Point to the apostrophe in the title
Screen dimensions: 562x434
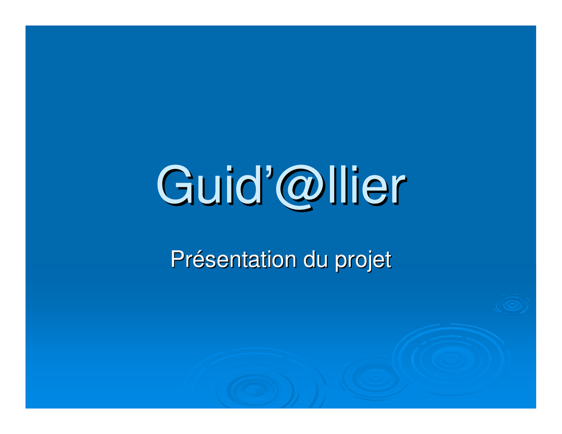point(269,171)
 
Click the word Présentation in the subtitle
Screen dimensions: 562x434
point(233,259)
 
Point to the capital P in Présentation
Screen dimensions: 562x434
point(177,259)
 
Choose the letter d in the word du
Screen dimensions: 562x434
point(309,260)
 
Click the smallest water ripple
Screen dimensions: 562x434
point(512,305)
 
